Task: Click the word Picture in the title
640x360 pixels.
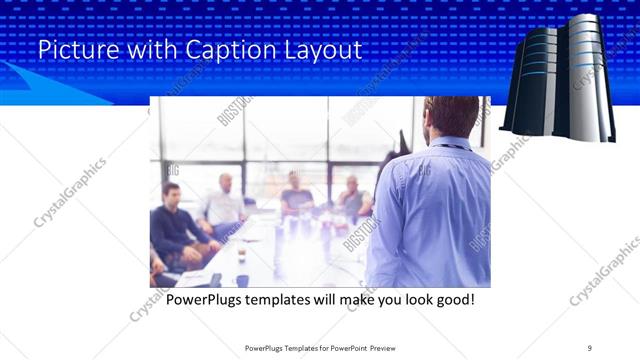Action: point(71,50)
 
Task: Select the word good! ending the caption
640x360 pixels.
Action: point(452,299)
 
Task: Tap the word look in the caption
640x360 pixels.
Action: point(408,299)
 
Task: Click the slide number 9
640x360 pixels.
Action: point(590,347)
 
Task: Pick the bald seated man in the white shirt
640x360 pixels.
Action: point(224,205)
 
